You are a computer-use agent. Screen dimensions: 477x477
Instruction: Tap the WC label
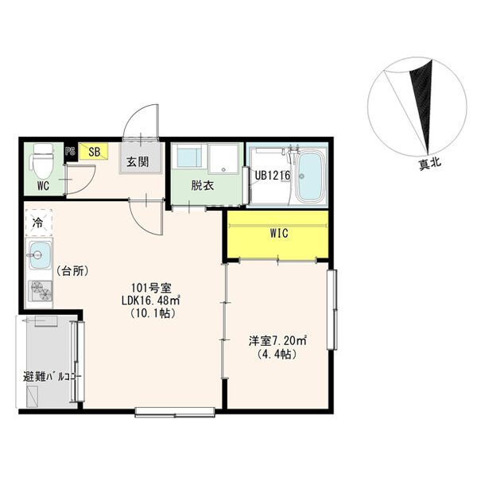click(x=43, y=186)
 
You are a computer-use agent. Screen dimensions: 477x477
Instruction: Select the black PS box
click(x=70, y=152)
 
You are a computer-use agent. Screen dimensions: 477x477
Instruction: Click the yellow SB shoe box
click(x=93, y=152)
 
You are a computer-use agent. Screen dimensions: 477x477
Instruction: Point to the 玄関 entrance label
click(x=138, y=162)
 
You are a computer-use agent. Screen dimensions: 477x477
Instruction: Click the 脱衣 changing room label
click(x=202, y=185)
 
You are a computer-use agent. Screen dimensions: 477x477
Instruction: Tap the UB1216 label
click(x=272, y=176)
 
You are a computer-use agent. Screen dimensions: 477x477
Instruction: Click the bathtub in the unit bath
click(x=311, y=177)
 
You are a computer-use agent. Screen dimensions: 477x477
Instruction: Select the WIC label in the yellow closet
click(x=279, y=233)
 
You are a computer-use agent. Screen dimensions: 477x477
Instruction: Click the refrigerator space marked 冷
click(x=39, y=223)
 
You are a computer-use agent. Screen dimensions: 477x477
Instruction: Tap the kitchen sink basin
click(x=40, y=255)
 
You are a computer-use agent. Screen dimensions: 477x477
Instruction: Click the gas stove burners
click(x=41, y=291)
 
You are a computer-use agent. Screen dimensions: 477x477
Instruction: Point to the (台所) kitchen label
click(x=72, y=270)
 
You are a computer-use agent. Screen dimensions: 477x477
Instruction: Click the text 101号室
click(x=151, y=287)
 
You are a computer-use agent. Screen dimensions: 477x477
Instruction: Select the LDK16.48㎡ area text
click(x=151, y=300)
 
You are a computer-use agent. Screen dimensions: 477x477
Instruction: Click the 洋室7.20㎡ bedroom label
click(x=277, y=341)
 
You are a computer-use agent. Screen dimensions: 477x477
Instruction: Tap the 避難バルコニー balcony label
click(x=52, y=377)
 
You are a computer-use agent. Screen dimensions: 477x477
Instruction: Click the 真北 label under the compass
click(x=430, y=165)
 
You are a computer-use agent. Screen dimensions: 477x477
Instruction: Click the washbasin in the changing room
click(x=189, y=157)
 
